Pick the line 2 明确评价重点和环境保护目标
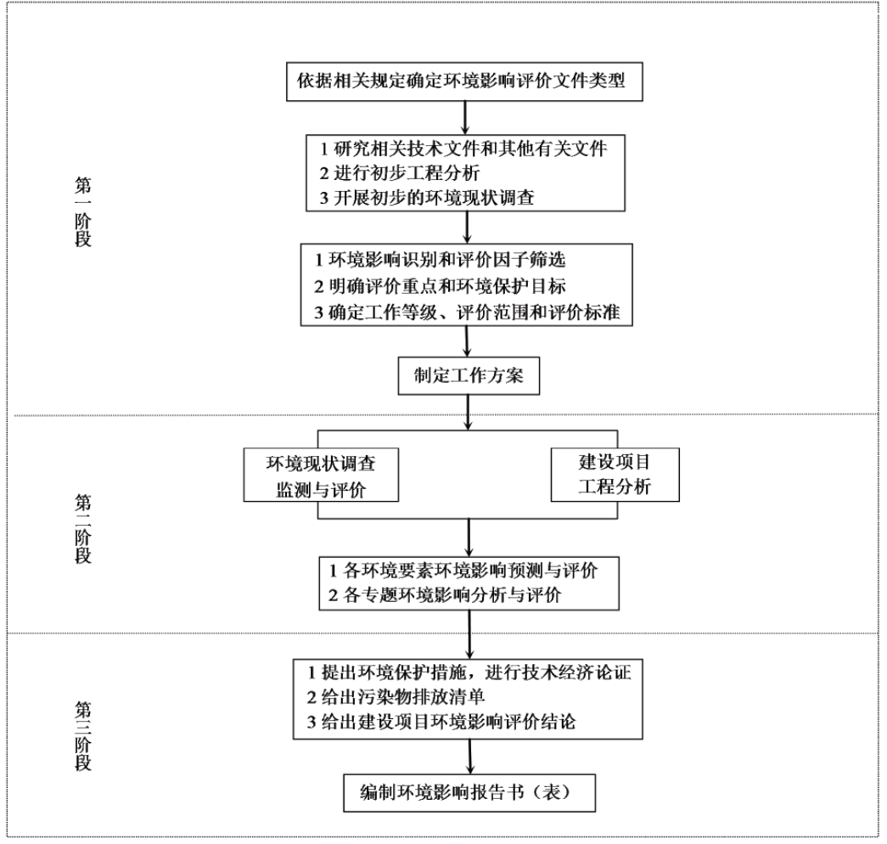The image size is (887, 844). click(x=440, y=287)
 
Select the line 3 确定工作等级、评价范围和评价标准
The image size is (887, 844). click(x=467, y=312)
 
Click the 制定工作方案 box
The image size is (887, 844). click(x=469, y=376)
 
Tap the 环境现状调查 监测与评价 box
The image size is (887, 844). click(x=320, y=477)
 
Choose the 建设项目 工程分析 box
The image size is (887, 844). click(x=615, y=475)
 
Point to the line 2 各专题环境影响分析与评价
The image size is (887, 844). click(x=445, y=595)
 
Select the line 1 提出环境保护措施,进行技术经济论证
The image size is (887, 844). click(x=469, y=672)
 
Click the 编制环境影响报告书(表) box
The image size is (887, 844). click(x=469, y=792)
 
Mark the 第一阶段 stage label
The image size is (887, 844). click(x=82, y=210)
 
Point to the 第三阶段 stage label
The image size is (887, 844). click(x=82, y=735)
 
